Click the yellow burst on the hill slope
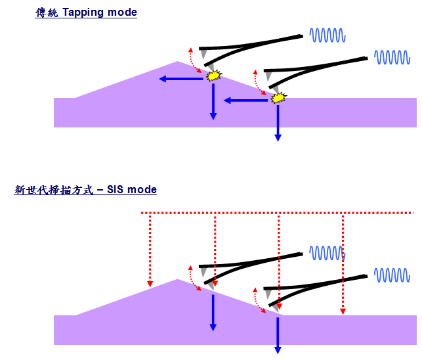click(213, 76)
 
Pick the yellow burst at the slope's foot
click(280, 99)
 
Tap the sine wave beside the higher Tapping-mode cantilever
click(327, 35)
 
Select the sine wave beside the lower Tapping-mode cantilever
click(392, 58)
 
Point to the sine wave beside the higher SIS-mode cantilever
click(327, 252)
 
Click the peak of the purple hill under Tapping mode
click(178, 62)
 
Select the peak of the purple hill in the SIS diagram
click(177, 280)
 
